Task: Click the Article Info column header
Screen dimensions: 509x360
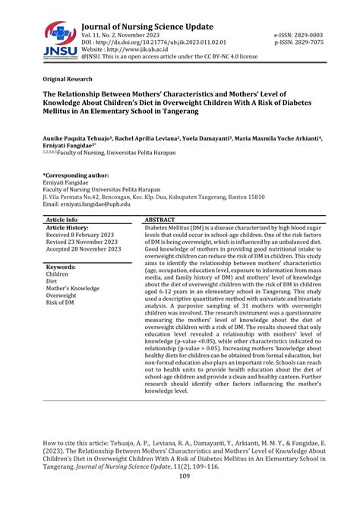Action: coord(63,219)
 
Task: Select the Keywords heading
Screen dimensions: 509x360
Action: coord(63,267)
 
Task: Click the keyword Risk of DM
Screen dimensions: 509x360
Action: coord(64,303)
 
